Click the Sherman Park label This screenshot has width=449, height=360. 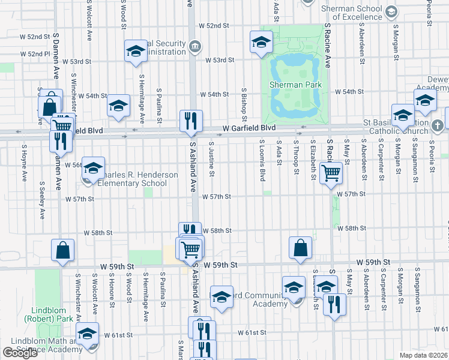pos(296,85)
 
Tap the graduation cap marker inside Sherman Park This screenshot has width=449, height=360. pos(261,43)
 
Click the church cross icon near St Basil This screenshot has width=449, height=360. pos(438,125)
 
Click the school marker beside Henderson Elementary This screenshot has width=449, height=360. pos(94,169)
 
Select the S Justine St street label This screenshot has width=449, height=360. pos(212,159)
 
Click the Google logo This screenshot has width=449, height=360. pos(20,353)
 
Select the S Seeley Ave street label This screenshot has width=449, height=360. pos(42,200)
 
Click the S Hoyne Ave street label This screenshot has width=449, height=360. pos(24,163)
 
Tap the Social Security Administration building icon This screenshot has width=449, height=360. pos(194,46)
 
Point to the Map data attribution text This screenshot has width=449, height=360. pos(423,355)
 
